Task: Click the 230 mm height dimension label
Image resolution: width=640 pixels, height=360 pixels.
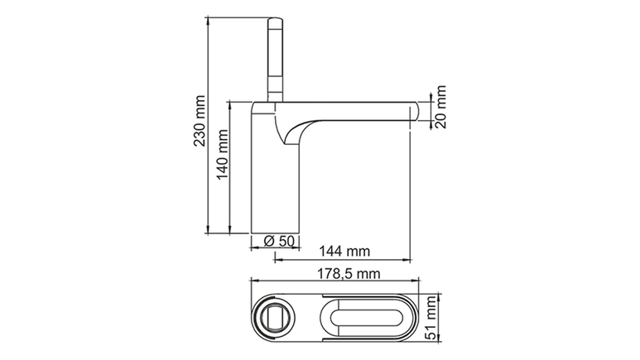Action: coord(200,121)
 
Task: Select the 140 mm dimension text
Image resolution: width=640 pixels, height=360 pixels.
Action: coord(222,155)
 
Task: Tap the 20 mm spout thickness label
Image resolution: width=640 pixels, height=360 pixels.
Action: coord(440,107)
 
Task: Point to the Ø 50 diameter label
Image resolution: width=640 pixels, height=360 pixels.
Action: coord(279,241)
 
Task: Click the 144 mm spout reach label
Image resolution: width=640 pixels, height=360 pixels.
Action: coord(344,251)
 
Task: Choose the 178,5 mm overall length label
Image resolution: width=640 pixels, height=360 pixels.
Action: coord(349,273)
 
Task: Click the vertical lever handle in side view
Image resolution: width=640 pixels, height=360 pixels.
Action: coord(275,60)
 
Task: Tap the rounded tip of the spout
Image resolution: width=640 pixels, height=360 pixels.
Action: coord(415,111)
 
